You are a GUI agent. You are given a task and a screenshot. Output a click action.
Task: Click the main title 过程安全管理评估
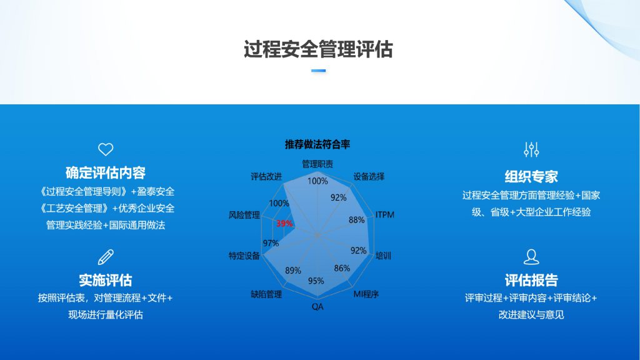click(x=318, y=49)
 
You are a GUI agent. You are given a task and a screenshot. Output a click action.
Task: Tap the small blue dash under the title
click(x=318, y=71)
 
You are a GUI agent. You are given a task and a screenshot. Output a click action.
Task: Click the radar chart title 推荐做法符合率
click(x=317, y=144)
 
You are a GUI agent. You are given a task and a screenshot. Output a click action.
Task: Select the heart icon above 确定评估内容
click(x=106, y=149)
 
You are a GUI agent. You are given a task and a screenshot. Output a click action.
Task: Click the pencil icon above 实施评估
click(x=106, y=257)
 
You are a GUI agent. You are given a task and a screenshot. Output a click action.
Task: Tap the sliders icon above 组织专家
click(x=531, y=150)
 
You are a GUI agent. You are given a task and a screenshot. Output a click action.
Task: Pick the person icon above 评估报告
click(x=531, y=257)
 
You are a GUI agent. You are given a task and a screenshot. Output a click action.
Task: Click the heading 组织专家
click(x=531, y=177)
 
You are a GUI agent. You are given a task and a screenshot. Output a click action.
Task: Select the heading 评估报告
click(x=531, y=280)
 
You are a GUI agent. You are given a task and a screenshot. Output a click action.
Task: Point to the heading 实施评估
click(x=105, y=280)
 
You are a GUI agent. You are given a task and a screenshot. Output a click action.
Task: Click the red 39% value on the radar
click(x=284, y=223)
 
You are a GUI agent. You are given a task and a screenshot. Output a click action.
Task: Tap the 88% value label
click(x=356, y=220)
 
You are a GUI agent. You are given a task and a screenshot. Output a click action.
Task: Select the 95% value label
click(x=316, y=281)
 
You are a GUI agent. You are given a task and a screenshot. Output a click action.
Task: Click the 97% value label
click(x=271, y=243)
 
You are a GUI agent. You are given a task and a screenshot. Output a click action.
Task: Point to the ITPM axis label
click(x=384, y=215)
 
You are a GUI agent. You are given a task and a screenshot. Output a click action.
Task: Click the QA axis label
click(x=317, y=306)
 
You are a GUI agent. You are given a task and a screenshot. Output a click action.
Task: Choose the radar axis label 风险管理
click(x=244, y=215)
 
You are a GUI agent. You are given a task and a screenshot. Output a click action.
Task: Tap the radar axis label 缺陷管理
click(x=266, y=294)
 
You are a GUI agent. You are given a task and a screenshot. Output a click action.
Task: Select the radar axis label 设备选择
click(x=369, y=177)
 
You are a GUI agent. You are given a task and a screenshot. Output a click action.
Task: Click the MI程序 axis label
click(x=366, y=294)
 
